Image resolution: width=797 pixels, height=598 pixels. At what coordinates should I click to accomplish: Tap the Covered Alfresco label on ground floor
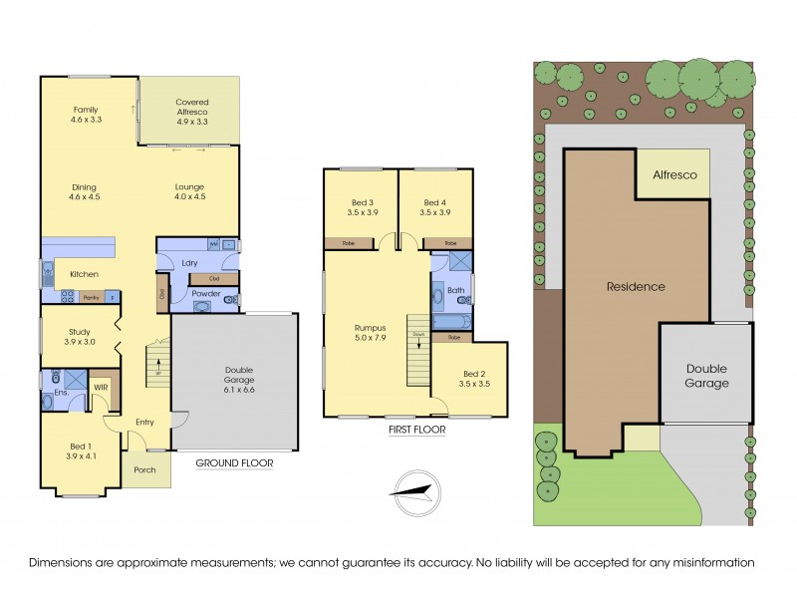[190, 111]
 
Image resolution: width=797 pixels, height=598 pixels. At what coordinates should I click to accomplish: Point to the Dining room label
[86, 190]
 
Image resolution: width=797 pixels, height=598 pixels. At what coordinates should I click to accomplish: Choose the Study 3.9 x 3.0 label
[79, 337]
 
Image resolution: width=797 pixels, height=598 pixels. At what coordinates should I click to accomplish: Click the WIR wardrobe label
[101, 387]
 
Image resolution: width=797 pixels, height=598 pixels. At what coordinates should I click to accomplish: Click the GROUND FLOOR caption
[233, 463]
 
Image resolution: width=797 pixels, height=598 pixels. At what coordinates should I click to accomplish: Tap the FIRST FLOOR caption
[415, 432]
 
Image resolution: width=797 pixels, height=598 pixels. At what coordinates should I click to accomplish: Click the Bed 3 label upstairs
[358, 207]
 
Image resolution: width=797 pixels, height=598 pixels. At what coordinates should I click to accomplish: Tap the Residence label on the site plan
[636, 287]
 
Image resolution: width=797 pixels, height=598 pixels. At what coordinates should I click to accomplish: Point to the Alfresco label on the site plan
[674, 174]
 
